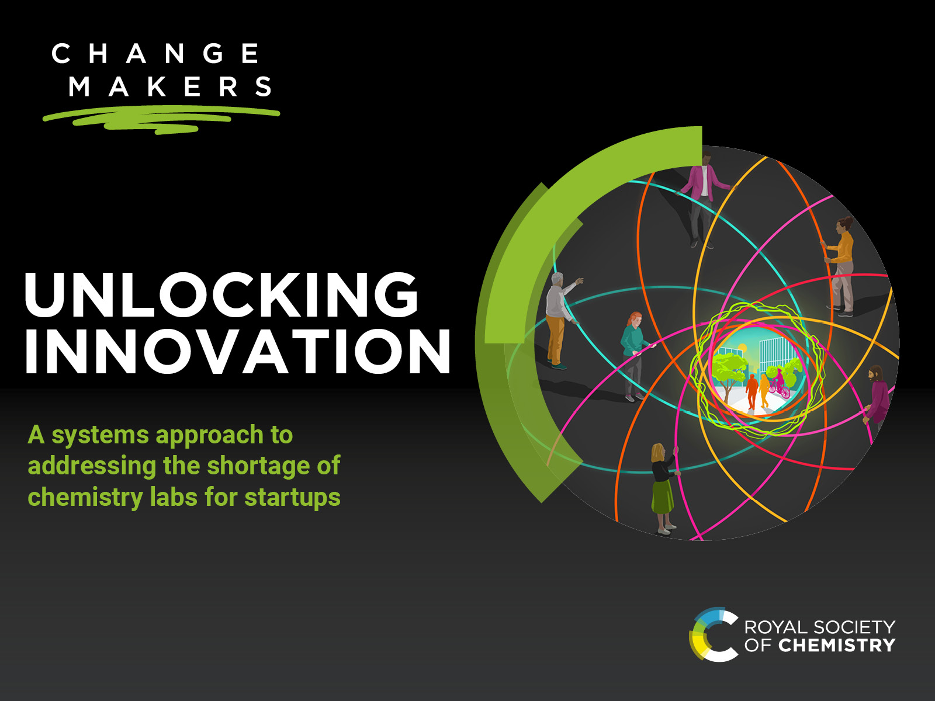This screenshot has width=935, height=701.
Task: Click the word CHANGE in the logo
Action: [155, 54]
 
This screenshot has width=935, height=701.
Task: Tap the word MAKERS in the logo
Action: [170, 86]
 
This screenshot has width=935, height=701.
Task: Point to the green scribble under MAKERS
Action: [161, 120]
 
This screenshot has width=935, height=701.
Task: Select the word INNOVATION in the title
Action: [238, 352]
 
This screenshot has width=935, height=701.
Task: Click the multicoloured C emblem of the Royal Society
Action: [713, 634]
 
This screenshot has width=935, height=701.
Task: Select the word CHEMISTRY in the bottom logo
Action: [837, 646]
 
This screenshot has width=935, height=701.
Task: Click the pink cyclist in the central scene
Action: [779, 384]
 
